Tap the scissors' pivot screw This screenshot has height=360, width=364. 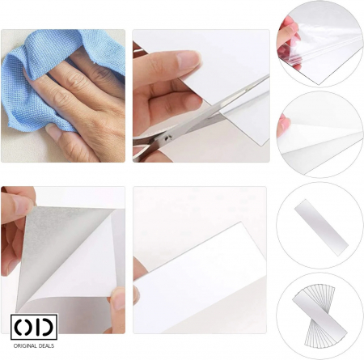click(167, 138)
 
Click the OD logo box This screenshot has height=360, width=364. click(34, 327)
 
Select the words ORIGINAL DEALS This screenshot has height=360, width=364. click(34, 346)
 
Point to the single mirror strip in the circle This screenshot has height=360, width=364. click(321, 227)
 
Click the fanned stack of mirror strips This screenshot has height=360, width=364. click(320, 316)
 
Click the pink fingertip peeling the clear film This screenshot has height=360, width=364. click(288, 31)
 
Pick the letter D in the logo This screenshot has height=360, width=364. click(46, 327)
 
